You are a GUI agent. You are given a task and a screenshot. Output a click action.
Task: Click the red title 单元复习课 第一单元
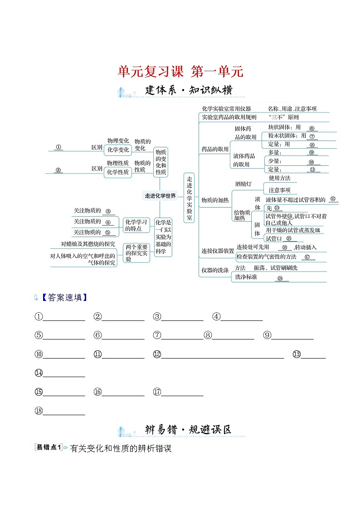(x=180, y=71)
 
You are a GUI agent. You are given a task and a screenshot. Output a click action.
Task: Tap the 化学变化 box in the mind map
(x=118, y=150)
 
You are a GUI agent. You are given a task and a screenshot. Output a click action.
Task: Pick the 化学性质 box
(x=118, y=172)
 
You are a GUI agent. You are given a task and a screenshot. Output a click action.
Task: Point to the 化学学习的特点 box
(x=136, y=225)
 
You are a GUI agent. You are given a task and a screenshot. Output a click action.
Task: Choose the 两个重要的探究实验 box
(x=136, y=253)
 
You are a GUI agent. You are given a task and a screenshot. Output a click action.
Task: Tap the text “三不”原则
(x=283, y=116)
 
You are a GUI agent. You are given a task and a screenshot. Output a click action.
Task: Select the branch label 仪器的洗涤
(x=215, y=271)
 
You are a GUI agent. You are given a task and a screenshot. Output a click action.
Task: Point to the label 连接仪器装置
(x=218, y=251)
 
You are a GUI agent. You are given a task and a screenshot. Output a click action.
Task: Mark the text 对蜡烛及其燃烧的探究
(x=88, y=244)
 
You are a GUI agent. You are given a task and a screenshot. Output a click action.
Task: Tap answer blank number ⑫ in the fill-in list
(x=222, y=354)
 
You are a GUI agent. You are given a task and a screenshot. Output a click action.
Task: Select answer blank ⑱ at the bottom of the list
(x=63, y=411)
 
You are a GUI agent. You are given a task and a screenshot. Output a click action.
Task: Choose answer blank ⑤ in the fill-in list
(x=63, y=335)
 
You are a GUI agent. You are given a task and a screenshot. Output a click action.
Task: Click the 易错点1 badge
(x=48, y=447)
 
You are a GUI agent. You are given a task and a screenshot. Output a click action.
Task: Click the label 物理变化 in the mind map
(x=118, y=141)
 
